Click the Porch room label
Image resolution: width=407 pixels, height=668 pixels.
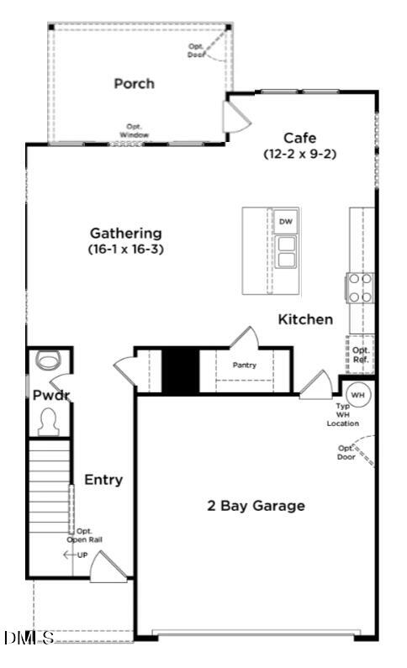point(135,83)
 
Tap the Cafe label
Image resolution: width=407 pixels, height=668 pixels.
point(300,138)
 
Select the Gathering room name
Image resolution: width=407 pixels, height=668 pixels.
point(126,233)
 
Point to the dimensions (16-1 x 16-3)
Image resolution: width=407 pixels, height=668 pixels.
point(126,249)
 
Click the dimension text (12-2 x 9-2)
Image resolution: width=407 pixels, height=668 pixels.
point(300,154)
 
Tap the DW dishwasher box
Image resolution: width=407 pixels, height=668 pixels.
point(285,221)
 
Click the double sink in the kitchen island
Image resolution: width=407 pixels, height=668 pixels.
point(285,251)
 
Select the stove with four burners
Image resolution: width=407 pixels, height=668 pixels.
point(361,287)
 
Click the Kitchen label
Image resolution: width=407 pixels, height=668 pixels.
point(305,319)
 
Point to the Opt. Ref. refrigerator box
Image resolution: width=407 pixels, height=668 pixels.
point(361,355)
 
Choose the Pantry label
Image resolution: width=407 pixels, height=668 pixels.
point(245,365)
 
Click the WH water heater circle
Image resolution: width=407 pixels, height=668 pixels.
point(357,394)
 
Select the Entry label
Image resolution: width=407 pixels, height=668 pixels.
point(103,480)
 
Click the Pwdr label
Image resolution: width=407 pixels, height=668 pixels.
point(45,394)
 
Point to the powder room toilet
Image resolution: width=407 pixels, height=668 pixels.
point(47,420)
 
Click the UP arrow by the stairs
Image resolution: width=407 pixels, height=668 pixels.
point(76,555)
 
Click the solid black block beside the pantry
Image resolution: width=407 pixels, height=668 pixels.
point(179,370)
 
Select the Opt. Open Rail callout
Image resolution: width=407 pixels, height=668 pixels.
point(85,535)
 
